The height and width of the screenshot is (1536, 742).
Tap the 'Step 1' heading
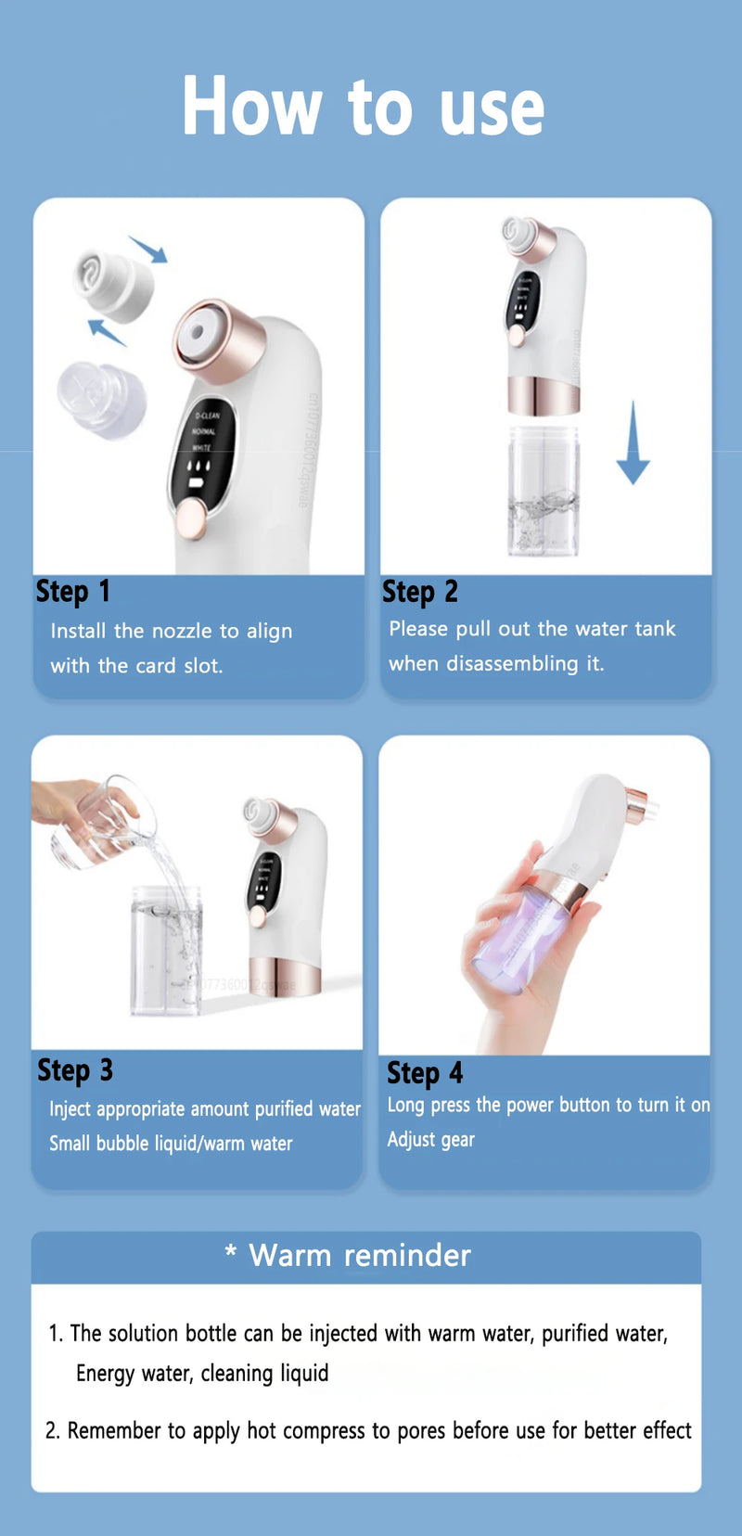72,591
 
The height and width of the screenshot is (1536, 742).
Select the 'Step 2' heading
420,592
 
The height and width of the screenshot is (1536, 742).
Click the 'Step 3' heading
74,1070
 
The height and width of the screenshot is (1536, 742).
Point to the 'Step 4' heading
425,1073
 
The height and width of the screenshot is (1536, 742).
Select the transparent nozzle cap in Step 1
100,399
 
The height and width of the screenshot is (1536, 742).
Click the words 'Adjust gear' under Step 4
430,1139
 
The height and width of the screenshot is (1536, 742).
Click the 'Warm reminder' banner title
360,1256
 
